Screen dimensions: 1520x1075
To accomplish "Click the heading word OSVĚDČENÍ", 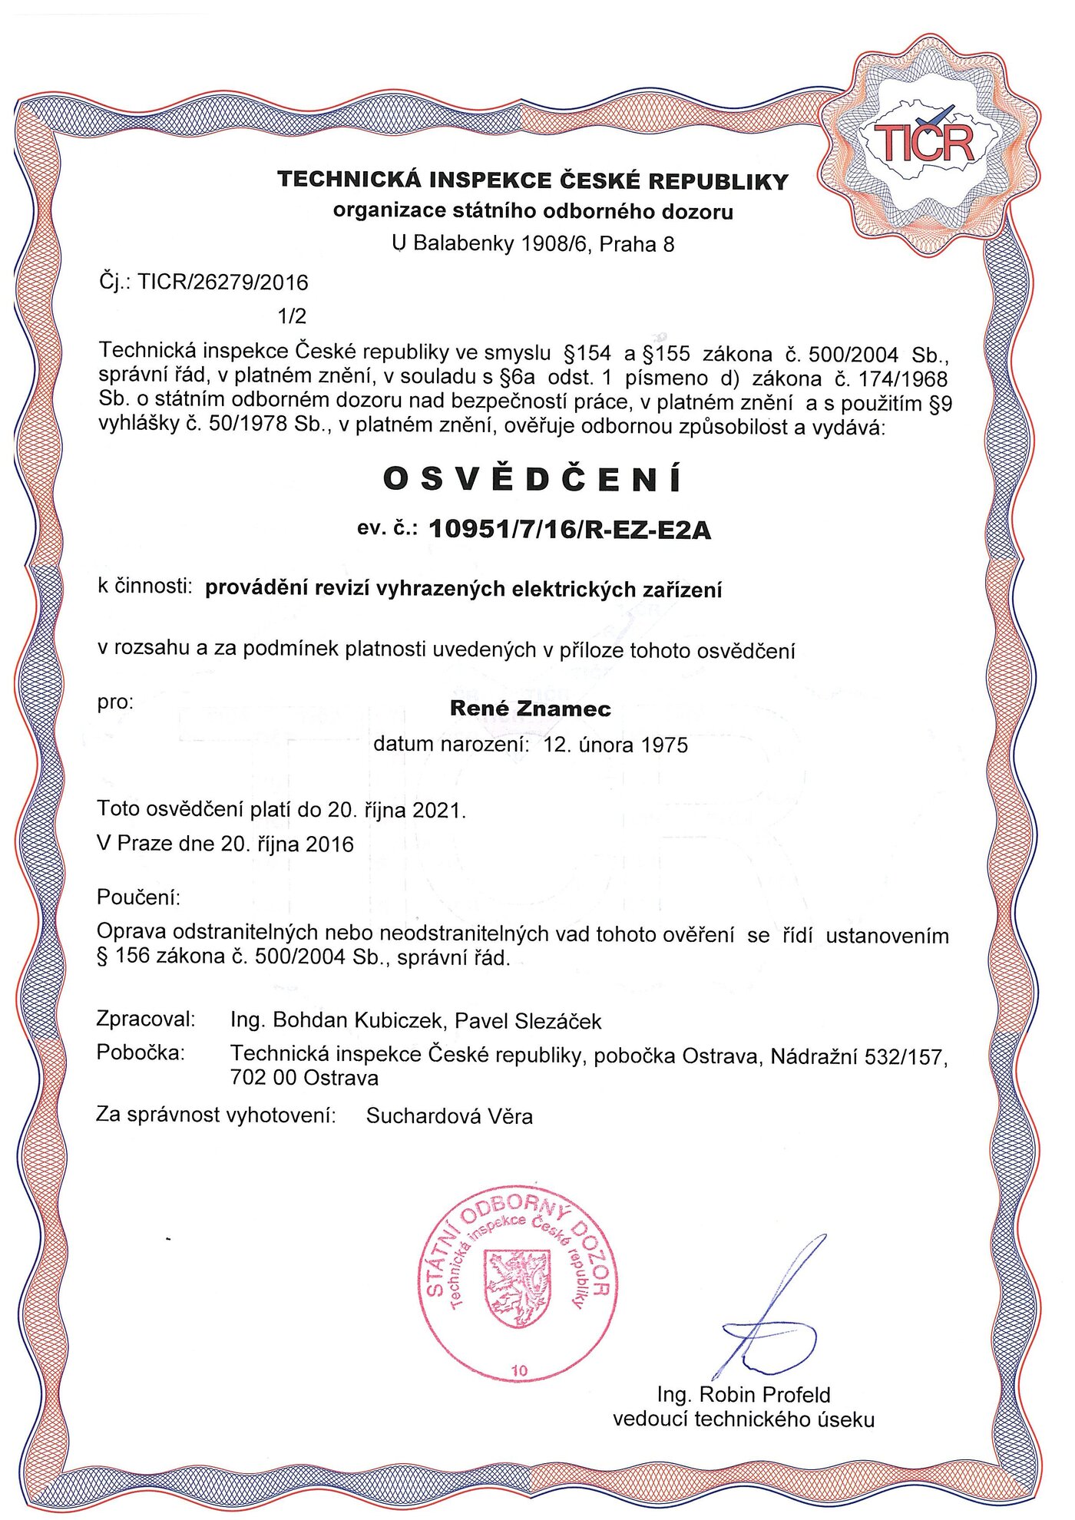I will [x=532, y=479].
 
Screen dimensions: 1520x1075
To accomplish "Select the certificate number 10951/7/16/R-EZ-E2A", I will [x=570, y=529].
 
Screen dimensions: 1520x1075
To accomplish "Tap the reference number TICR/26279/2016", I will [x=223, y=283].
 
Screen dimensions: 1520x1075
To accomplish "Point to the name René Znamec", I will [x=530, y=708].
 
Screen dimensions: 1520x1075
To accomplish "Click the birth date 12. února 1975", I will [x=616, y=745].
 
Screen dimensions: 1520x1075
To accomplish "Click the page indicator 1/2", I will [x=292, y=316].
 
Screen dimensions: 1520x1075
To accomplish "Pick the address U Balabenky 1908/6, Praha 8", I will [x=533, y=244].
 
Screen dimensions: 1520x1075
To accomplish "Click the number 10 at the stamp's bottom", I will [x=520, y=1370].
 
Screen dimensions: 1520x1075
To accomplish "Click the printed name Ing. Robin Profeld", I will [x=743, y=1394].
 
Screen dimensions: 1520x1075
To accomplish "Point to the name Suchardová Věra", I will [x=449, y=1115].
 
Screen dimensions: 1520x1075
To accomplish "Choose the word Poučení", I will [x=138, y=897].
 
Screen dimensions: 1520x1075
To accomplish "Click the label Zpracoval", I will [x=146, y=1019].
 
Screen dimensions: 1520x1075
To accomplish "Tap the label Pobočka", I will [x=141, y=1052].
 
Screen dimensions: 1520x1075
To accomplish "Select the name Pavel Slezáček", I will [x=528, y=1021].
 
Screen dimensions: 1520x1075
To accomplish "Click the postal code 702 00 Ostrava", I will [x=304, y=1078].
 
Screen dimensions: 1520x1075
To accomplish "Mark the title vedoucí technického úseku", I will [x=743, y=1419].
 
